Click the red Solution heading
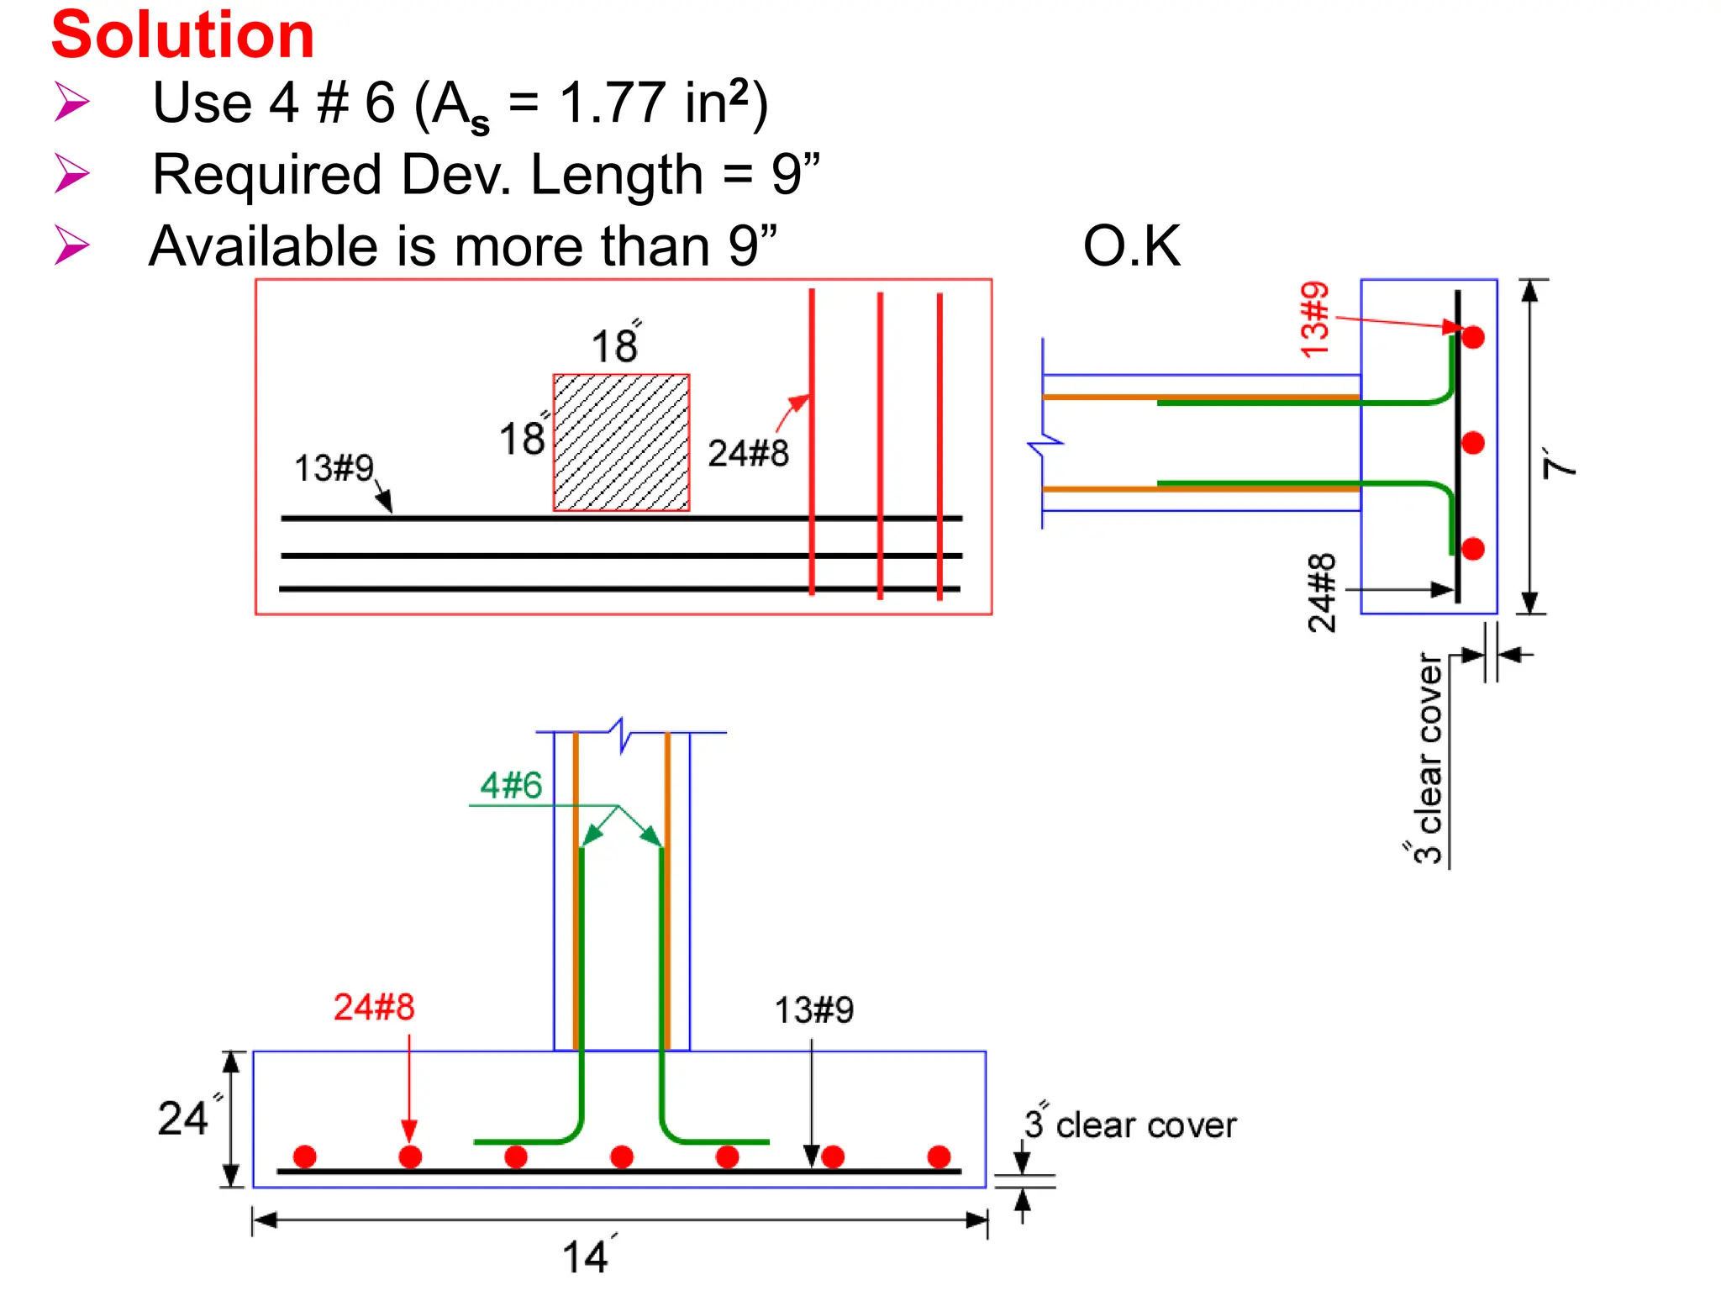(x=182, y=35)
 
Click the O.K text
(x=1131, y=247)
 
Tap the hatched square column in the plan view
(x=621, y=443)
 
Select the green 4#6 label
(x=511, y=786)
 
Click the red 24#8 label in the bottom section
(x=374, y=1007)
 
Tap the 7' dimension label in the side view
(x=1560, y=463)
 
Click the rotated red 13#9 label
(x=1314, y=320)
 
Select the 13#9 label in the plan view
(x=334, y=468)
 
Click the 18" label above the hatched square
(x=615, y=345)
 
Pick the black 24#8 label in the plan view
(x=748, y=454)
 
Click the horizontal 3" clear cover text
(x=1131, y=1125)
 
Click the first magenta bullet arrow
(x=72, y=103)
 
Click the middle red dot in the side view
(x=1472, y=443)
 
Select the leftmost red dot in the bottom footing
(x=304, y=1157)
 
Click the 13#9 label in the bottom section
(x=813, y=1010)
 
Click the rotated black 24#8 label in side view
(x=1321, y=593)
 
